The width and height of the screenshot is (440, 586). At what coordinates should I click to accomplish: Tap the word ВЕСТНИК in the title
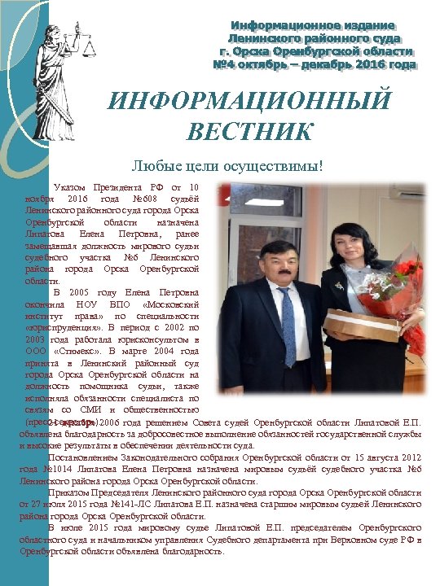pos(249,130)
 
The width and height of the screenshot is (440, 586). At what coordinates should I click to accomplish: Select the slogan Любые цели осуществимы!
pos(227,166)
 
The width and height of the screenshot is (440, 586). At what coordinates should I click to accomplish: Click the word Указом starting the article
pos(69,186)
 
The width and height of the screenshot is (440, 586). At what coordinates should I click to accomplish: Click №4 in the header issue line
pos(224,63)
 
